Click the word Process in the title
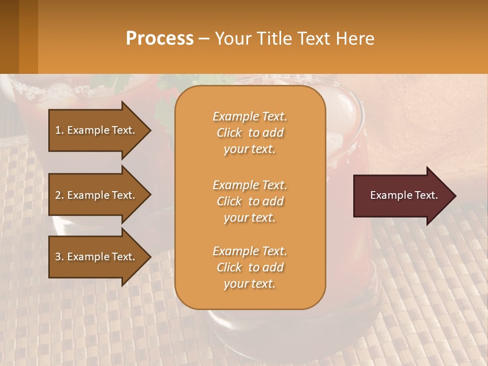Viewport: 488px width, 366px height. click(x=160, y=39)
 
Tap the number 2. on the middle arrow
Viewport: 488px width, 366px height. click(x=59, y=195)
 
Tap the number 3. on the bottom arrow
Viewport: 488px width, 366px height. click(x=59, y=257)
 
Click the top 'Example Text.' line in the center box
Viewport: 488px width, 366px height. click(x=250, y=116)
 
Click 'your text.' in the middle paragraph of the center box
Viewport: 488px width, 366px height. click(x=250, y=218)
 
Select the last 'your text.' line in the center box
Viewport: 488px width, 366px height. click(x=250, y=284)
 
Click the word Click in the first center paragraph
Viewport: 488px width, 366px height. click(x=229, y=133)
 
